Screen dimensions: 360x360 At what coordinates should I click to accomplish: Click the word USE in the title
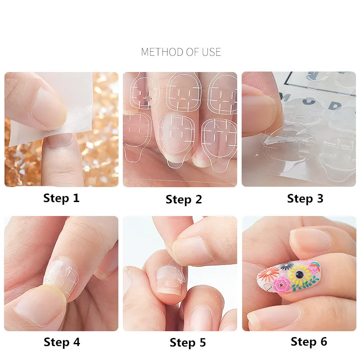point(211,52)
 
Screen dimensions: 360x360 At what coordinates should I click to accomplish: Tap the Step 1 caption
point(61,198)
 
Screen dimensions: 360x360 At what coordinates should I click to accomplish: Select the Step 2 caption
point(184,199)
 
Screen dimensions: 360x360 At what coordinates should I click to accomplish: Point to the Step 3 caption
point(305,198)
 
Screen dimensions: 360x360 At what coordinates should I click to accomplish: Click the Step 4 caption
point(62,342)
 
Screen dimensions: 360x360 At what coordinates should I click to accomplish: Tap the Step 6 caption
point(309,342)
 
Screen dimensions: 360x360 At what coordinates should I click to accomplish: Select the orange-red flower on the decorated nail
point(271,273)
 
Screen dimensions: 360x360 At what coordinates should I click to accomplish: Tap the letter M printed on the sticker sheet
point(285,96)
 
